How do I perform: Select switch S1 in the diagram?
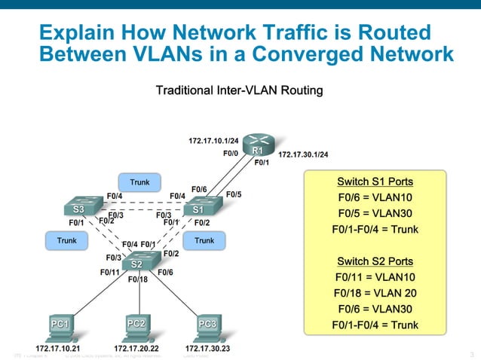click(x=199, y=207)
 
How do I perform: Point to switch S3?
click(x=78, y=207)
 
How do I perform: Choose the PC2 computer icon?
click(x=136, y=325)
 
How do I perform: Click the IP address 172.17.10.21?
click(x=59, y=349)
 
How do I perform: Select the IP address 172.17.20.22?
click(x=136, y=349)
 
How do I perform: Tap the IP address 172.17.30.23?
click(x=209, y=349)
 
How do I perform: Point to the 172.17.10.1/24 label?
click(x=213, y=140)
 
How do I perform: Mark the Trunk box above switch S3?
click(x=139, y=182)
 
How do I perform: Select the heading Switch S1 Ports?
click(x=375, y=182)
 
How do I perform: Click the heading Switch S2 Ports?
click(x=375, y=261)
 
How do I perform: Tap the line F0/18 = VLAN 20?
click(x=375, y=293)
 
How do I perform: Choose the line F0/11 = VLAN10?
click(x=375, y=277)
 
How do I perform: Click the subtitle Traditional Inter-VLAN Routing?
click(x=239, y=91)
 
